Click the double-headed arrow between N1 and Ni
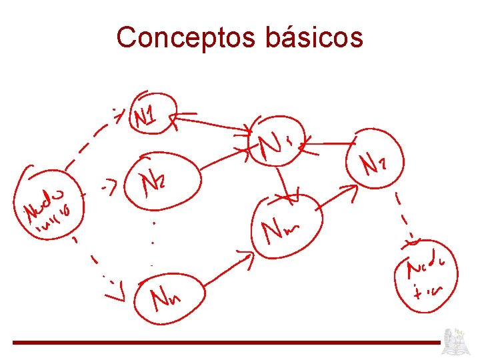[212, 123]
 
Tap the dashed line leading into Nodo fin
[405, 217]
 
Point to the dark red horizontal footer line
[227, 343]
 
